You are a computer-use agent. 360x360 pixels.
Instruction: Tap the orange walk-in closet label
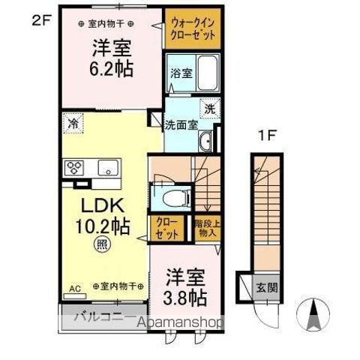[193, 29]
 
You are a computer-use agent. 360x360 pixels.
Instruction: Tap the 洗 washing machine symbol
[211, 108]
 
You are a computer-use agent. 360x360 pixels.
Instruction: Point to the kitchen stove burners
[74, 167]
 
